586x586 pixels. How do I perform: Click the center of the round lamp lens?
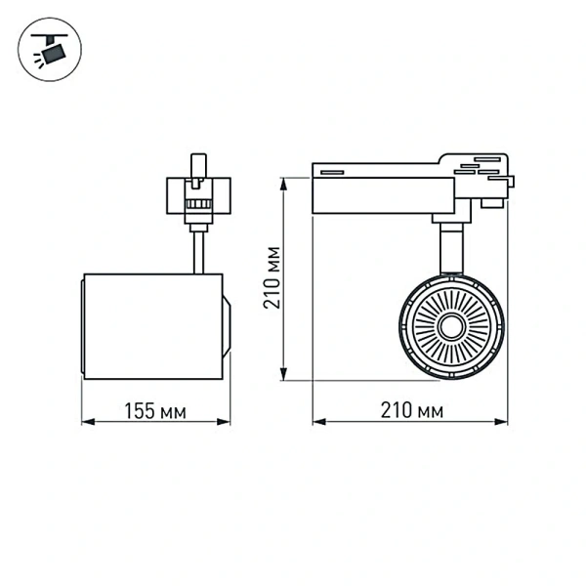pyautogui.click(x=451, y=326)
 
